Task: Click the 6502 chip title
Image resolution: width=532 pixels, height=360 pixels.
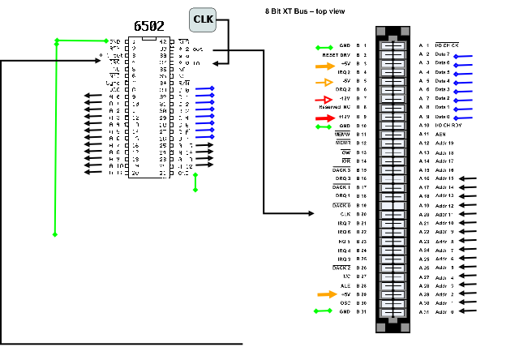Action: tap(148, 27)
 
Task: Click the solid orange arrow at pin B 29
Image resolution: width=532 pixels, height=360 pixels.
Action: tap(324, 294)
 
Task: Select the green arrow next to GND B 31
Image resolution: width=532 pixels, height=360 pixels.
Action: tap(324, 311)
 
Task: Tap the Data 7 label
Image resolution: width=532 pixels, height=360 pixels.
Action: tap(442, 54)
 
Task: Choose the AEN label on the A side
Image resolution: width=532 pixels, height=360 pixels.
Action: tap(440, 135)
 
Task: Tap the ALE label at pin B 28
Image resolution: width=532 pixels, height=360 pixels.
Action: tap(345, 285)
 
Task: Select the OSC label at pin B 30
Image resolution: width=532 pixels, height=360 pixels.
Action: tap(345, 303)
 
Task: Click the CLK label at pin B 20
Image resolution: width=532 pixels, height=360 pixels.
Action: tap(345, 214)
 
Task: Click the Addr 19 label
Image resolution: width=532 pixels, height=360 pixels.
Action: tap(444, 144)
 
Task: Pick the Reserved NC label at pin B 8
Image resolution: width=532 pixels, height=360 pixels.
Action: tap(335, 108)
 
